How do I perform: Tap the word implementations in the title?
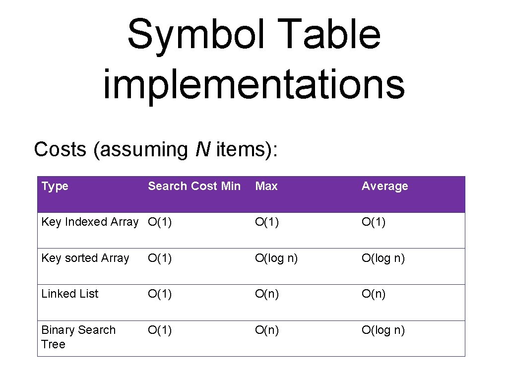point(254,85)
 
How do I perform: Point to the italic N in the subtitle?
point(202,149)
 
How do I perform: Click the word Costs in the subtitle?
point(60,149)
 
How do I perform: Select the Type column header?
point(55,187)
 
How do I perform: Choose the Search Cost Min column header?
point(194,187)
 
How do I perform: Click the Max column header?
point(266,187)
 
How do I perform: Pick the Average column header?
point(384,187)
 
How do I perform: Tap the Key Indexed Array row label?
point(90,222)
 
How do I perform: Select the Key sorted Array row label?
point(85,258)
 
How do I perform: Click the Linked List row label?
point(70,294)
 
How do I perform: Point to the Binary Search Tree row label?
point(78,337)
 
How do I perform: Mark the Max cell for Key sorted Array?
point(276,258)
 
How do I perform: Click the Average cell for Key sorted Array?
point(383,258)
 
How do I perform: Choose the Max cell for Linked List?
point(267,294)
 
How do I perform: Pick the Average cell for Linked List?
point(374,294)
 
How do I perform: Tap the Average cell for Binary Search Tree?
point(383,330)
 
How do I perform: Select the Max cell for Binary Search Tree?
point(267,330)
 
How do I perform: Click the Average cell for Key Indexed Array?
point(374,222)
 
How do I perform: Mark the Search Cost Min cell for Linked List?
point(160,294)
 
